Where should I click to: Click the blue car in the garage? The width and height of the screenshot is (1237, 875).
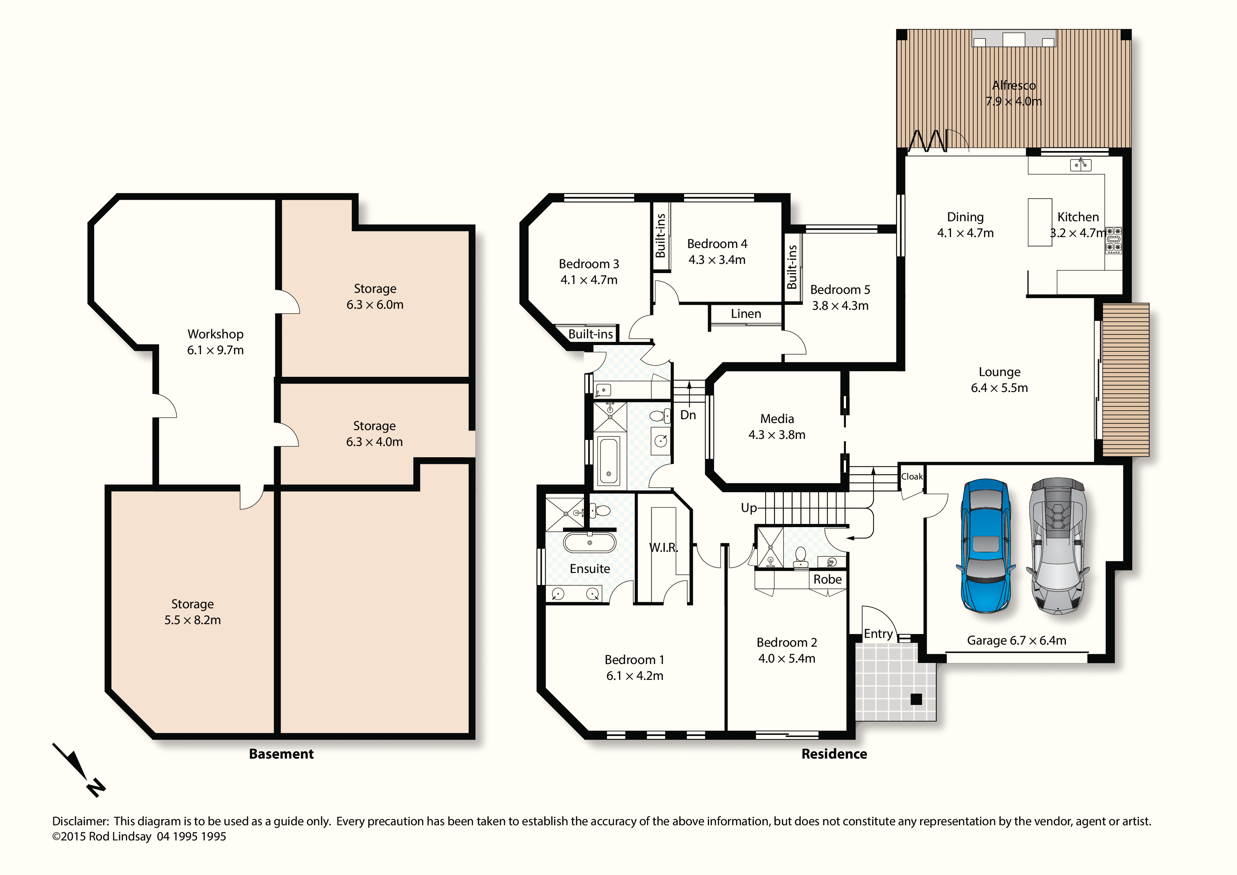985,545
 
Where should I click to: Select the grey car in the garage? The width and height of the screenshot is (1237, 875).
1058,545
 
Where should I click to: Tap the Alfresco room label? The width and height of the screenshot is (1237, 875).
1014,85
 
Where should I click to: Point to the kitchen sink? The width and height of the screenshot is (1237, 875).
1080,164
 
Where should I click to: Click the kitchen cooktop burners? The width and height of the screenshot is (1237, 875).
1114,240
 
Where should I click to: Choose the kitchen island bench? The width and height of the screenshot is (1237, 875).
1040,222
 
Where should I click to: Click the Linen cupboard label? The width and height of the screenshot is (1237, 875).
746,314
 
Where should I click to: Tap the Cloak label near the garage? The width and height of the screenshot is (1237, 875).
912,477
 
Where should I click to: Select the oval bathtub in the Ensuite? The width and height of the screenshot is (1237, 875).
589,542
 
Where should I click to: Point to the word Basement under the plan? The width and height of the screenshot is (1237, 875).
281,754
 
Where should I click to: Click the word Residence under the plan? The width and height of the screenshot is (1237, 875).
834,754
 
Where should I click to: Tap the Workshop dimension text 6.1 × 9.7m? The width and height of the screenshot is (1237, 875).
215,350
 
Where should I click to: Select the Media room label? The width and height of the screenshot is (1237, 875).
777,418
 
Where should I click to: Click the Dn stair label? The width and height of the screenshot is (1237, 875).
688,415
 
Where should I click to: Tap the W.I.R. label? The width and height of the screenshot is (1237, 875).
663,547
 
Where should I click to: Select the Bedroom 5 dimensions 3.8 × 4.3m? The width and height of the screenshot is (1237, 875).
840,306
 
